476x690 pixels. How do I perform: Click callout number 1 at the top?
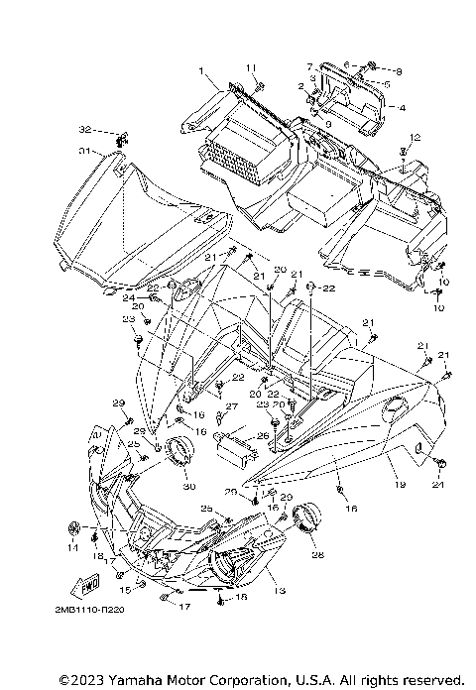pos(200,71)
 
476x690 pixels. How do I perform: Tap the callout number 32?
pos(85,130)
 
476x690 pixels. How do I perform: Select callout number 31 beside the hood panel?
pos(84,151)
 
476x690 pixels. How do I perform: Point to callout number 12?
pos(415,136)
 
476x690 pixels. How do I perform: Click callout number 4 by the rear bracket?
pos(403,107)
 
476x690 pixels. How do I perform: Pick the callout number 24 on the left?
pos(129,297)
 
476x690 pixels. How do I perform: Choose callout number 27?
pos(231,407)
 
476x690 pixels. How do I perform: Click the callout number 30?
pos(189,486)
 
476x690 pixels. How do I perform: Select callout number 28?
pos(318,555)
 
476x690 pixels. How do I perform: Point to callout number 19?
pos(401,485)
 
